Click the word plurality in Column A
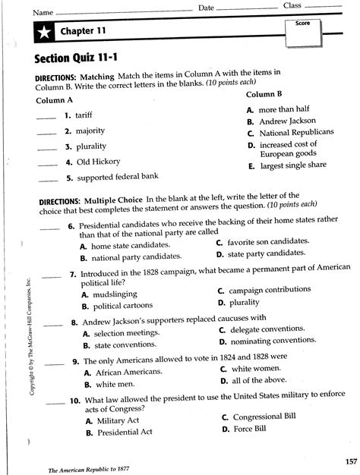[89, 146]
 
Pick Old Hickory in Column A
[93, 162]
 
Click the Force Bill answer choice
[250, 429]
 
